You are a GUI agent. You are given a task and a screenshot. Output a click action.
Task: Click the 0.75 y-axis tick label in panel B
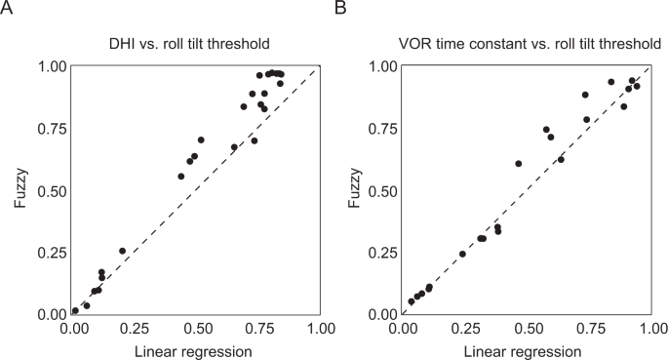click(x=383, y=128)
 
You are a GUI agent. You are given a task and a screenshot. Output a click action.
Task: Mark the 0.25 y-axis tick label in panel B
click(x=383, y=253)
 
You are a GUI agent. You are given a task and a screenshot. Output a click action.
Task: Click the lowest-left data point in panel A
click(x=75, y=311)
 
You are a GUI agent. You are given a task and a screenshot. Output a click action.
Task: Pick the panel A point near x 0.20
click(x=123, y=251)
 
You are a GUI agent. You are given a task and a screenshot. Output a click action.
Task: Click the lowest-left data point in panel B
click(x=412, y=301)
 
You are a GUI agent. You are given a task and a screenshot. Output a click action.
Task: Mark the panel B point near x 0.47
click(x=519, y=164)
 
